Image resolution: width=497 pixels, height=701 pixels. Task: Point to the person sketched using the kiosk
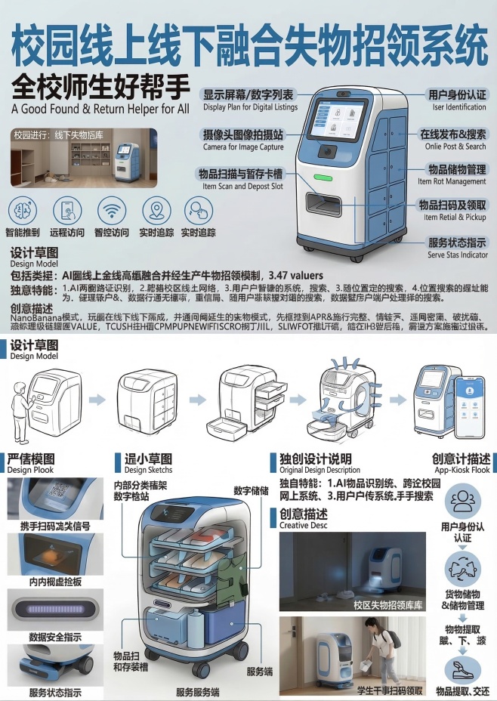click(20, 408)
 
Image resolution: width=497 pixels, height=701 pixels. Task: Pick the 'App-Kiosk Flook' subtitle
click(460, 469)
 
